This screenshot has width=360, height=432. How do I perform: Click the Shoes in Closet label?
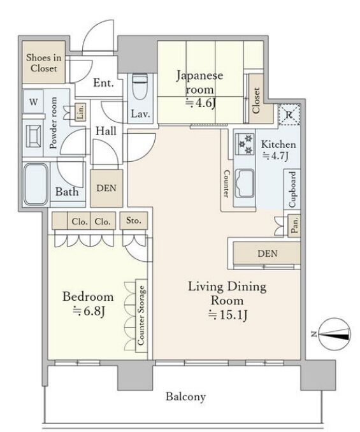(44, 63)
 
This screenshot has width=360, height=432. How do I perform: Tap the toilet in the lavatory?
(140, 87)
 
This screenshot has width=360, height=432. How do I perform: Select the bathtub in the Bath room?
(36, 184)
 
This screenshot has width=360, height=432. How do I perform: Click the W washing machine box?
(33, 102)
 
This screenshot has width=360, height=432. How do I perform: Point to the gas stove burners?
(245, 144)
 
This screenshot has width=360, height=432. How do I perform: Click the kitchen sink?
(244, 184)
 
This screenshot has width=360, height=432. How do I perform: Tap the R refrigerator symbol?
(289, 114)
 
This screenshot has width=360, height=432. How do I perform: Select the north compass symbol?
(334, 334)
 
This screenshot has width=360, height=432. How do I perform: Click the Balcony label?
(185, 397)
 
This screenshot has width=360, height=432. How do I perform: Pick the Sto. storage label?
(134, 220)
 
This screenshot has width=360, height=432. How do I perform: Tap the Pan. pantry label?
(294, 226)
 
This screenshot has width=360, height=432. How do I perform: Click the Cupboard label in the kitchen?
(292, 189)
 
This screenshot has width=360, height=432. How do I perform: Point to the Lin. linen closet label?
(80, 112)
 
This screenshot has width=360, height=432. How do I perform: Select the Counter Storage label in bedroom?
(141, 315)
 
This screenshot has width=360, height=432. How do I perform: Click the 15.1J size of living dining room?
(227, 315)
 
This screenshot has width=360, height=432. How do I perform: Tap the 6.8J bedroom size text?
(89, 312)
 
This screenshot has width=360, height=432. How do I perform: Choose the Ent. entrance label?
(104, 83)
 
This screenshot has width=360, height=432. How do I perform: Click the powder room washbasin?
(33, 136)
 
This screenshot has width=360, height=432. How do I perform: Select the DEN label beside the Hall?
(106, 188)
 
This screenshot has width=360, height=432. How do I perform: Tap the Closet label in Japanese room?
(256, 101)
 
